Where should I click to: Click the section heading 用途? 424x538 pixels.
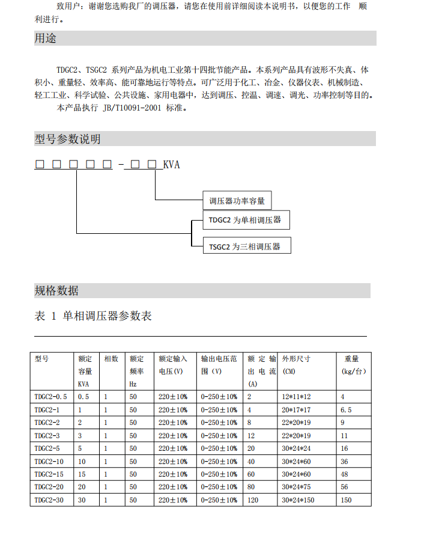[46, 38]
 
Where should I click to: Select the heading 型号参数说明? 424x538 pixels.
[67, 139]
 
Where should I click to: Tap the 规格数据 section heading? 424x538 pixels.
[56, 291]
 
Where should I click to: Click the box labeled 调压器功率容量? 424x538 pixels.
[237, 201]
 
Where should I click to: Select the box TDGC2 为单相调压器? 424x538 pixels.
[245, 220]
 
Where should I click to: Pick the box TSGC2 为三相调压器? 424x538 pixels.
[244, 246]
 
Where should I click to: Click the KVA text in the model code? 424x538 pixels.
[171, 165]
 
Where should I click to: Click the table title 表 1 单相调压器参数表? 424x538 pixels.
[93, 316]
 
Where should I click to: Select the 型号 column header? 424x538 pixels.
[41, 359]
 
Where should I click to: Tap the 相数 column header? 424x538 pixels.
[111, 359]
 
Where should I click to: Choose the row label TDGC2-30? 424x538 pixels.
[49, 500]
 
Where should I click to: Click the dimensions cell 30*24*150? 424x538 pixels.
[298, 500]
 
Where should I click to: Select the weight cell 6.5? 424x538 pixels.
[346, 409]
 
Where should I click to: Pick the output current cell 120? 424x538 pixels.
[253, 500]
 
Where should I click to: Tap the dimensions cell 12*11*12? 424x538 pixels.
[296, 397]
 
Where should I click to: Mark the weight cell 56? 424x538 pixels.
[345, 487]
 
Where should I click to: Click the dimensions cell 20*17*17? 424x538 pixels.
[296, 409]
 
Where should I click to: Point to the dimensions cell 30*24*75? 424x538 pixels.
[296, 487]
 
